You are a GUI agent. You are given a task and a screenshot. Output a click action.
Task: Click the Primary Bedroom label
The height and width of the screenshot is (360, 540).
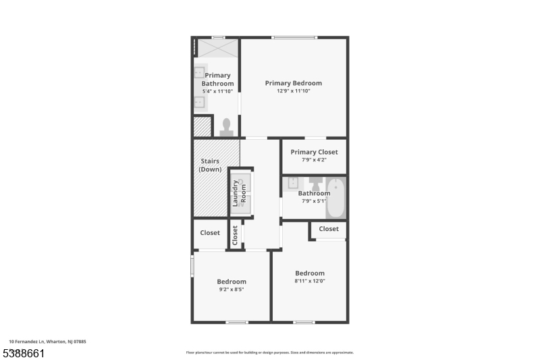pyautogui.click(x=293, y=83)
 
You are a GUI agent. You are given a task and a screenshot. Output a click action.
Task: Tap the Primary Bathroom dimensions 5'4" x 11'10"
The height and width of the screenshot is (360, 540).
pyautogui.click(x=217, y=91)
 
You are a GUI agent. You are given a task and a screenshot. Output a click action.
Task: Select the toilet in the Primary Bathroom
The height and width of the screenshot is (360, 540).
pyautogui.click(x=226, y=126)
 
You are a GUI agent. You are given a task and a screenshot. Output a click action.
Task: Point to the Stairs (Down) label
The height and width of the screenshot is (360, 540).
pyautogui.click(x=211, y=165)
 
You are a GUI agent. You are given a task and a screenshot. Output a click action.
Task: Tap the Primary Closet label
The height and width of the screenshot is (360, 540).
pyautogui.click(x=314, y=152)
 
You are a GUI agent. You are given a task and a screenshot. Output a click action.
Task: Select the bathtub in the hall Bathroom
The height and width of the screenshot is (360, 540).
pyautogui.click(x=335, y=197)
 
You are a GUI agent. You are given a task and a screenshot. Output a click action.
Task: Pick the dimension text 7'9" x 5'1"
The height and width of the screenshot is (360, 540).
pyautogui.click(x=314, y=201)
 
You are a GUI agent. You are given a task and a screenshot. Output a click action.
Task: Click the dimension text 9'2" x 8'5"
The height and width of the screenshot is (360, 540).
pyautogui.click(x=231, y=290)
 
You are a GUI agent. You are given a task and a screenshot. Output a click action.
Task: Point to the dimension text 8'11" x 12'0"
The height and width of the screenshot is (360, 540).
pyautogui.click(x=309, y=282)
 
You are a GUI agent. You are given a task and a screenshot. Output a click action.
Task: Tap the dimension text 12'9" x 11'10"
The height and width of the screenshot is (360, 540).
pyautogui.click(x=293, y=91)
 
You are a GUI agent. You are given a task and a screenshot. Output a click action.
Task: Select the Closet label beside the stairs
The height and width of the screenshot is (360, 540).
pyautogui.click(x=210, y=233)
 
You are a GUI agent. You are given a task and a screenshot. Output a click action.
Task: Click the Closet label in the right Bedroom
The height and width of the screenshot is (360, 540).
pyautogui.click(x=329, y=229)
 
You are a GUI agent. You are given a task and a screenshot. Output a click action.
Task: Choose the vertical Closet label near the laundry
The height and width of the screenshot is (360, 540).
pyautogui.click(x=235, y=234)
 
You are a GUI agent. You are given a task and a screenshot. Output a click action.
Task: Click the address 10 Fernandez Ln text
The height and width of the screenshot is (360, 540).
pyautogui.click(x=47, y=342)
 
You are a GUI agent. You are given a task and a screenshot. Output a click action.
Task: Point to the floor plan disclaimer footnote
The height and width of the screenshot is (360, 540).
pyautogui.click(x=269, y=353)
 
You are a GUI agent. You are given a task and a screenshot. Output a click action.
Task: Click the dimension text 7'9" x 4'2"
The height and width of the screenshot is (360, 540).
pyautogui.click(x=314, y=160)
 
